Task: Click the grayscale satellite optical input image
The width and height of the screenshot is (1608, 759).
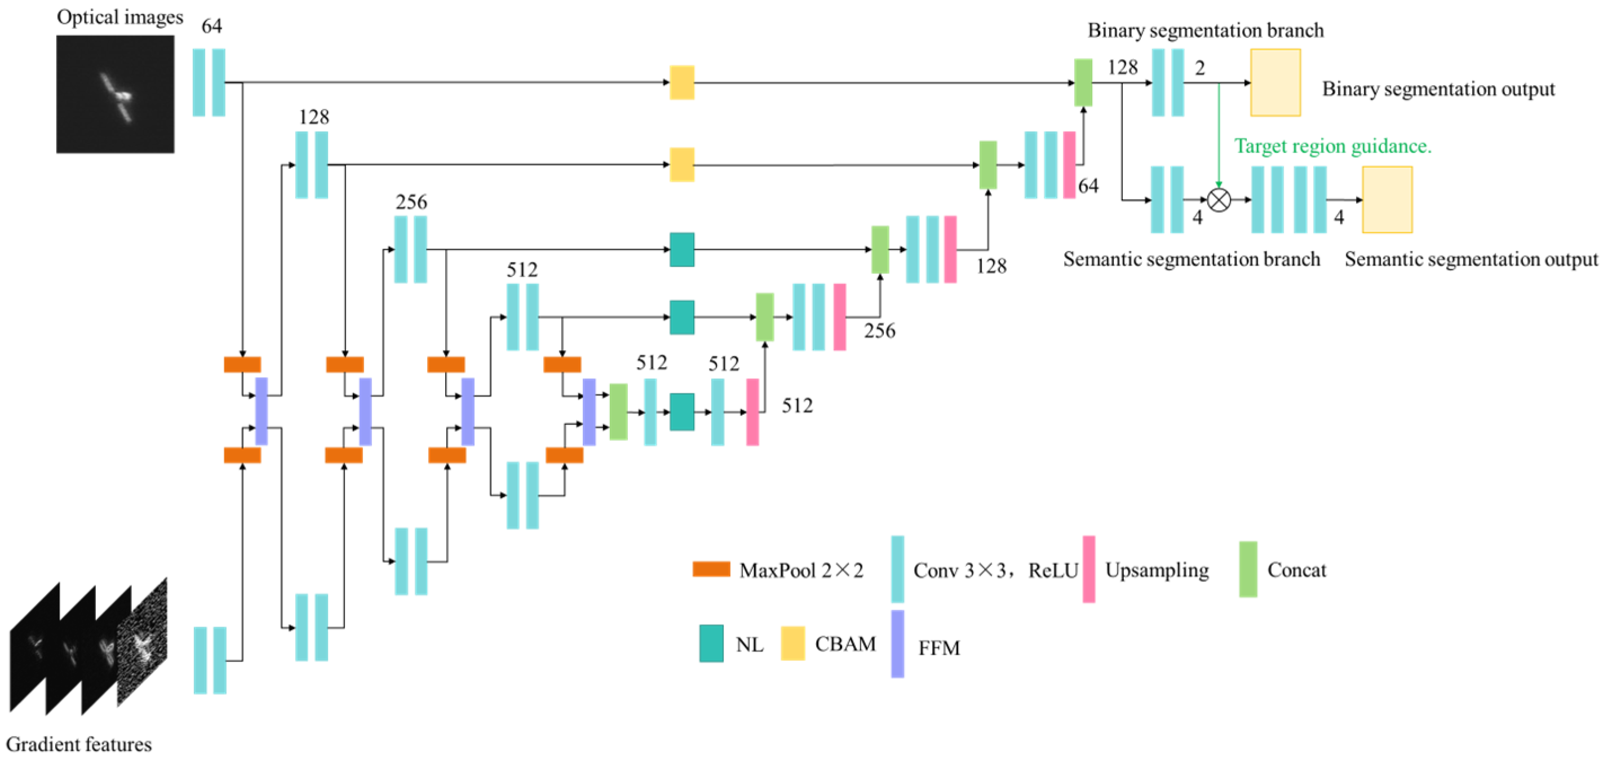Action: pyautogui.click(x=115, y=94)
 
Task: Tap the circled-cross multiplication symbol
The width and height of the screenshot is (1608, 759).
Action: pyautogui.click(x=1218, y=200)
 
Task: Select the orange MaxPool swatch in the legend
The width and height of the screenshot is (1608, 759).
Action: pyautogui.click(x=710, y=569)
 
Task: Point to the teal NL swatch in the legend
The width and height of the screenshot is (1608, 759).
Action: pyautogui.click(x=711, y=643)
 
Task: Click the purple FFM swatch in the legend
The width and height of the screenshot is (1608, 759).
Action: pyautogui.click(x=897, y=643)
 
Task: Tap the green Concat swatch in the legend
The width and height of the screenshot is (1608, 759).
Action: pyautogui.click(x=1247, y=569)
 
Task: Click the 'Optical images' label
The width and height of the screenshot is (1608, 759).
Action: pyautogui.click(x=120, y=17)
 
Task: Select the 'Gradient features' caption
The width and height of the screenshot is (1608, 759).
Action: pyautogui.click(x=79, y=744)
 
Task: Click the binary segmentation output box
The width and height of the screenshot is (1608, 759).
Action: pyautogui.click(x=1275, y=82)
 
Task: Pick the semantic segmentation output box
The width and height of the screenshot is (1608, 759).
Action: pyautogui.click(x=1386, y=200)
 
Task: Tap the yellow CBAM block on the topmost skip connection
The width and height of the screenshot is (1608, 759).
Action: pyautogui.click(x=681, y=82)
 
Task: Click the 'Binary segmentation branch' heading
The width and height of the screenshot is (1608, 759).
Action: pyautogui.click(x=1205, y=30)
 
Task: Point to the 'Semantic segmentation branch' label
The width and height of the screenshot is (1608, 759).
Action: pyautogui.click(x=1191, y=259)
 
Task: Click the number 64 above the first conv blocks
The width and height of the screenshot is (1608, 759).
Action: pyautogui.click(x=211, y=27)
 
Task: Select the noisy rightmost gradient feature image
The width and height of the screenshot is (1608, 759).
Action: pyautogui.click(x=143, y=643)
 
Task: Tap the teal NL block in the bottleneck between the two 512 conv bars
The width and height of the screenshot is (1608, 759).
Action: pyautogui.click(x=681, y=412)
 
